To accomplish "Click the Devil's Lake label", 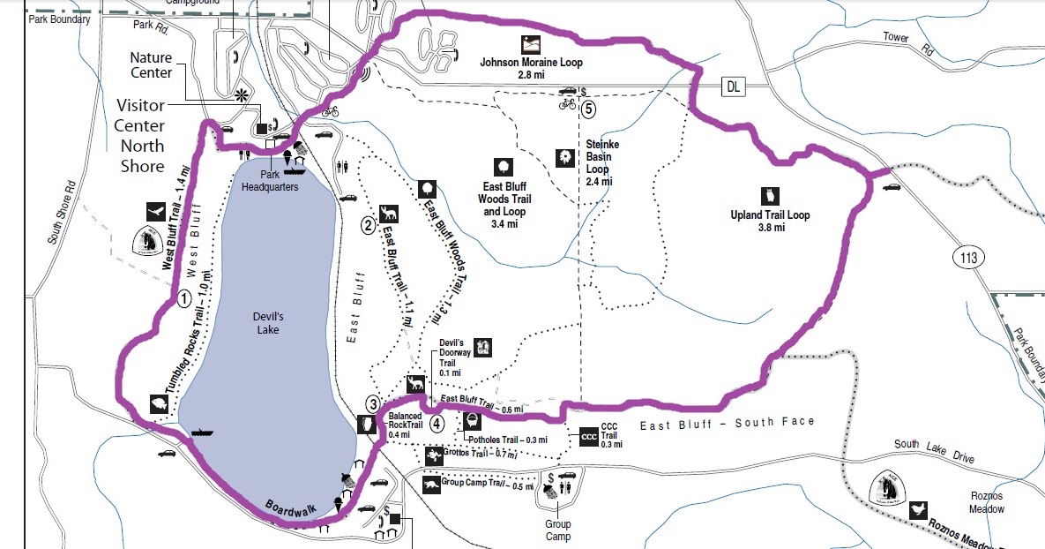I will click(x=263, y=322).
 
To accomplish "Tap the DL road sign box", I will click(x=734, y=86).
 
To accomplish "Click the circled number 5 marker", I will click(x=588, y=110).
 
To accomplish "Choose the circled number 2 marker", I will click(x=368, y=224).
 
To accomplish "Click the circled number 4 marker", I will click(x=437, y=423).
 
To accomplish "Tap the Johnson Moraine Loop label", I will click(x=531, y=69).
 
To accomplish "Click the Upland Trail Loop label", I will click(x=770, y=221).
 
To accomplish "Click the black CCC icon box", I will click(x=590, y=437).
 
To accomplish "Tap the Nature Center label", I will click(x=151, y=65).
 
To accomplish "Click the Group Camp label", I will click(x=556, y=530).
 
